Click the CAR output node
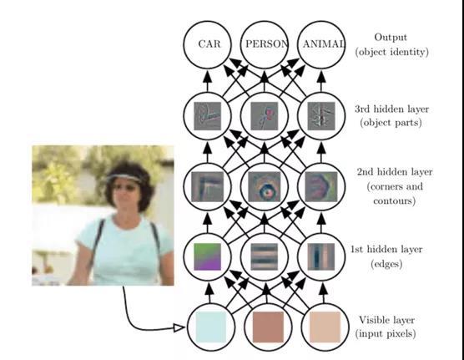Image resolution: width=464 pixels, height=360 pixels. [x=207, y=45]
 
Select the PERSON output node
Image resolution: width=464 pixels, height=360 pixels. [x=265, y=45]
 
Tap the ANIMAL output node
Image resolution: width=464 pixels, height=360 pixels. [x=321, y=45]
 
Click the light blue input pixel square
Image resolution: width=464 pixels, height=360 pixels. [x=210, y=327]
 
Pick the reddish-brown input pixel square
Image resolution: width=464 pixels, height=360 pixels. [x=268, y=327]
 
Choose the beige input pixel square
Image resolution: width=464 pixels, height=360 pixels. [x=325, y=327]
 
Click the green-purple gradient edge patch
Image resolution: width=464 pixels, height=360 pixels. [x=207, y=256]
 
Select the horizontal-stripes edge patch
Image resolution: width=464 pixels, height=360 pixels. [x=265, y=256]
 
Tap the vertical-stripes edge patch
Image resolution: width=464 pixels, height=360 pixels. [x=321, y=256]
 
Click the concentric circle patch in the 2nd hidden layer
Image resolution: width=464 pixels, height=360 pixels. [x=265, y=186]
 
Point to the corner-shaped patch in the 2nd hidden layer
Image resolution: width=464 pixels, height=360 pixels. [x=207, y=186]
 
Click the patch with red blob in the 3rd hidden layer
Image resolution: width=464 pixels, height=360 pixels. [x=265, y=116]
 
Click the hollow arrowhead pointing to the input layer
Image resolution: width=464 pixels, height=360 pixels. [x=179, y=327]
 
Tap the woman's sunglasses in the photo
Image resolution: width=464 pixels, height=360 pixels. [x=125, y=187]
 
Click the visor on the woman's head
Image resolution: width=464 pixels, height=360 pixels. [x=124, y=178]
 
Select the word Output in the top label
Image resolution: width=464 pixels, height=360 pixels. [x=391, y=38]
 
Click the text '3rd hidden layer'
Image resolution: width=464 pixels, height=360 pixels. [x=391, y=109]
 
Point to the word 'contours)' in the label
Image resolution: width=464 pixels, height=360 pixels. [x=394, y=201]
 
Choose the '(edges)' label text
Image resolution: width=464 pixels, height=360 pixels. [x=386, y=263]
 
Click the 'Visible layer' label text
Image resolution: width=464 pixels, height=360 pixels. [x=386, y=320]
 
